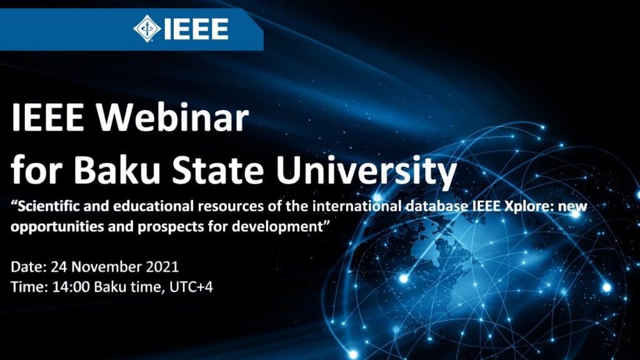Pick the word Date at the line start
pyautogui.click(x=26, y=267)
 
